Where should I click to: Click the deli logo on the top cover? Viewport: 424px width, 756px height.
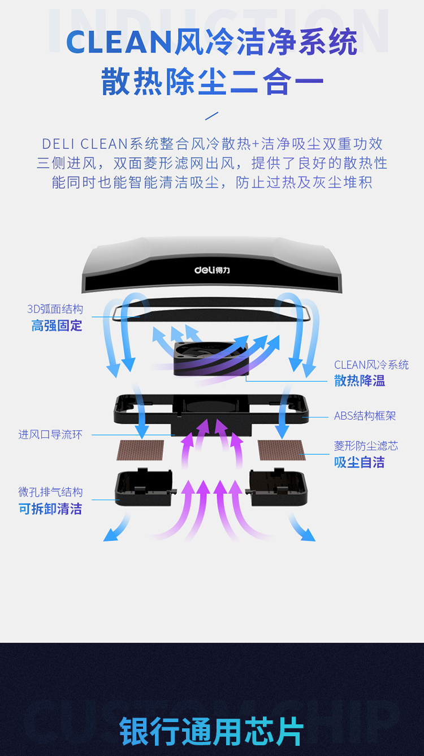click(x=212, y=270)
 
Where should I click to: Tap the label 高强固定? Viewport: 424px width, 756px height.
click(x=57, y=325)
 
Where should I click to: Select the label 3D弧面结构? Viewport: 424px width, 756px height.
click(x=55, y=309)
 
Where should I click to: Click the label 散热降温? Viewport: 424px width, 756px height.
click(x=360, y=381)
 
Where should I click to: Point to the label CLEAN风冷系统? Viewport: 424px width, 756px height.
click(x=371, y=364)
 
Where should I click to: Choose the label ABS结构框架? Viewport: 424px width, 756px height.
click(x=365, y=416)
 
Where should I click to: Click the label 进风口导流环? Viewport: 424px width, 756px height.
click(x=50, y=435)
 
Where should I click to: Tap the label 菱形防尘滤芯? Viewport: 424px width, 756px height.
click(x=366, y=446)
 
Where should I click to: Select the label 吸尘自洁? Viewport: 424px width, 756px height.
click(x=360, y=462)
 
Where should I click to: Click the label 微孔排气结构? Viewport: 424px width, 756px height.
click(x=50, y=492)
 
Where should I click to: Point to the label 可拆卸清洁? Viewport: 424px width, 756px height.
click(x=50, y=509)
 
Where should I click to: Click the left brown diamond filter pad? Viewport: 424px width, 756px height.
click(x=140, y=450)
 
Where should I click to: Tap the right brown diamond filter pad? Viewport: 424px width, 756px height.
click(x=282, y=450)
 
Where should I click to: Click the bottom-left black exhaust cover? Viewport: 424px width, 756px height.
click(x=145, y=488)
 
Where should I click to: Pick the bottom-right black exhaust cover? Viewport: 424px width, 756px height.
click(x=278, y=488)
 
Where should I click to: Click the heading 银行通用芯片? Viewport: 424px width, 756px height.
click(x=212, y=731)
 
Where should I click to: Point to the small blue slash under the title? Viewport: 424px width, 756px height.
click(x=211, y=116)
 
